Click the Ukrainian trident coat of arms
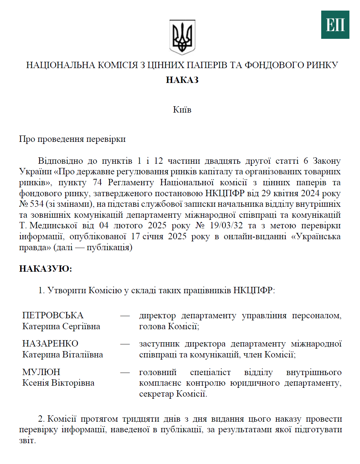(182, 37)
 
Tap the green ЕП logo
(335, 25)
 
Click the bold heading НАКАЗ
(182, 80)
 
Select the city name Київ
(182, 110)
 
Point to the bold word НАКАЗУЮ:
(45, 269)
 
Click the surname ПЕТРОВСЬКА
(53, 315)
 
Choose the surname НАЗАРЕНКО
(50, 344)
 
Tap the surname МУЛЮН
(41, 372)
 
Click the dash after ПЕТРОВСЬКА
(125, 315)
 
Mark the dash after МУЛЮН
(125, 372)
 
